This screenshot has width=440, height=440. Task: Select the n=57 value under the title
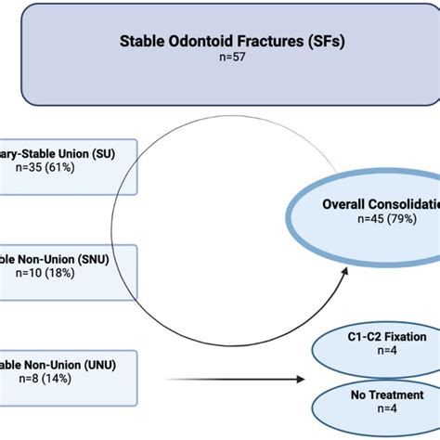(220, 57)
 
